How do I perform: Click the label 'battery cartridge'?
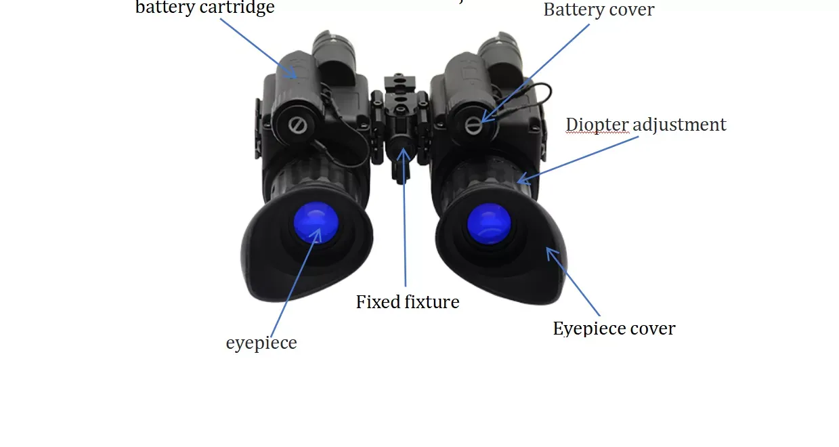click(205, 8)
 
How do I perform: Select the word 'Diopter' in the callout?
click(593, 125)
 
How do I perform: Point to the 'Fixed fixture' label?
click(408, 302)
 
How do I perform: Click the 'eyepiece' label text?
click(261, 343)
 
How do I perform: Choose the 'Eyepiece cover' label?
click(614, 329)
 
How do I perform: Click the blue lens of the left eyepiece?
click(315, 223)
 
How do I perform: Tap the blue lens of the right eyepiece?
click(489, 223)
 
